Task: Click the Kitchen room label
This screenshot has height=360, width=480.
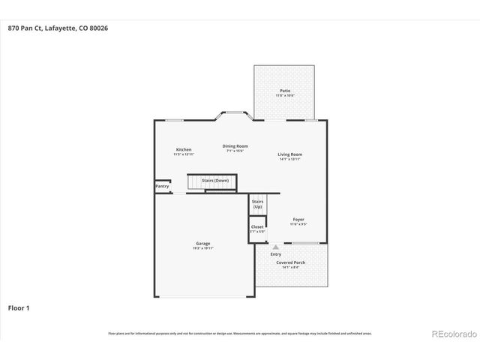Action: pos(184,149)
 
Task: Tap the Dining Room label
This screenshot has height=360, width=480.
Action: pos(235,146)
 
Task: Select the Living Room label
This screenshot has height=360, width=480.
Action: pos(290,154)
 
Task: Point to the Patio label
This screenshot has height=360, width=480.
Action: pos(285,91)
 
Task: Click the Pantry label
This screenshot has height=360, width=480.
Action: pos(162,186)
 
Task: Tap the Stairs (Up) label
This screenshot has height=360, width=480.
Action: pos(257,204)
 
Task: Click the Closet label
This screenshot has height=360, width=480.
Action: pos(257,226)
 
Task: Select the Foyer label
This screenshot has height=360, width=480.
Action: pos(298,219)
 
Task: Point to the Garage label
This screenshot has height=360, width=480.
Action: pos(203,243)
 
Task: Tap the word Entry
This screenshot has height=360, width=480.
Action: pos(276,254)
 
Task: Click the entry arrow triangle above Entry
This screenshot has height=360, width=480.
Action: pos(276,247)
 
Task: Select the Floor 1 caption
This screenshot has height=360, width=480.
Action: pos(19,307)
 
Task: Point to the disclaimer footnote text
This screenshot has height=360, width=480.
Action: pos(240,333)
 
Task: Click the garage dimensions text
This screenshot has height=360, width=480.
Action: pos(203,247)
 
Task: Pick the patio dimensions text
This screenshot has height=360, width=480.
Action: pos(285,95)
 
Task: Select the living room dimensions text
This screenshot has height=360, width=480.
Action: pos(290,159)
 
